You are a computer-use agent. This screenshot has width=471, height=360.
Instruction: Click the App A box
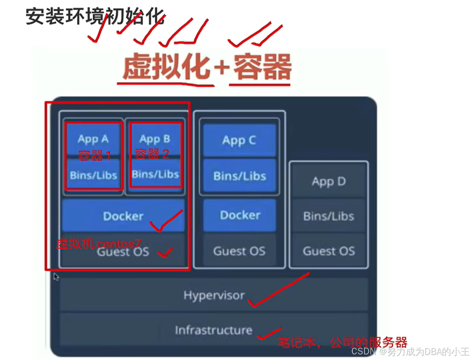coord(93,139)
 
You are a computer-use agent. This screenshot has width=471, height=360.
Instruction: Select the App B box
coord(155,139)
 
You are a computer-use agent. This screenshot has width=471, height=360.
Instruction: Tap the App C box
coord(240,140)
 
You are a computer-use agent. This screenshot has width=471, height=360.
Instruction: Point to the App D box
coord(329,182)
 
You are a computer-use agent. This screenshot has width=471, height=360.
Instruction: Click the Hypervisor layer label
coord(214,295)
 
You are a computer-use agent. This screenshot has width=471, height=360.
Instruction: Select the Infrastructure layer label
coord(213,330)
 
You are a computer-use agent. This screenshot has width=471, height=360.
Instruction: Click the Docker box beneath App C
coord(240,215)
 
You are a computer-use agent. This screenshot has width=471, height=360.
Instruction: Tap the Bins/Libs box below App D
coord(329,216)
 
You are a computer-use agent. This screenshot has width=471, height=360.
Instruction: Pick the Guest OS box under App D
coord(329,251)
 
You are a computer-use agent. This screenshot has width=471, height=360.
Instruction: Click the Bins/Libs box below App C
coord(240,176)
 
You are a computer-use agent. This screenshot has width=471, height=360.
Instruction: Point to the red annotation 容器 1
coord(94,155)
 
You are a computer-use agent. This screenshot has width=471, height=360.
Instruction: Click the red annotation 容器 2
coord(152,154)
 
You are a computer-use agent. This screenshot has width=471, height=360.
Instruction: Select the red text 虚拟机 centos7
coord(98,244)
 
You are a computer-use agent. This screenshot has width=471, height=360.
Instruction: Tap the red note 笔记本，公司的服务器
coord(342,342)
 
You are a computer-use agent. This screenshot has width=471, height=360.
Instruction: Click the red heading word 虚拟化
coord(167,67)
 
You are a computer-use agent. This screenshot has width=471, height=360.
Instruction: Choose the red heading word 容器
coord(261,67)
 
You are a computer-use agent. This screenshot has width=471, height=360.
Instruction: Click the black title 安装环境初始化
coord(95,17)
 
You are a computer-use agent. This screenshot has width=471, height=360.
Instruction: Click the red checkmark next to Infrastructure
coord(268,333)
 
